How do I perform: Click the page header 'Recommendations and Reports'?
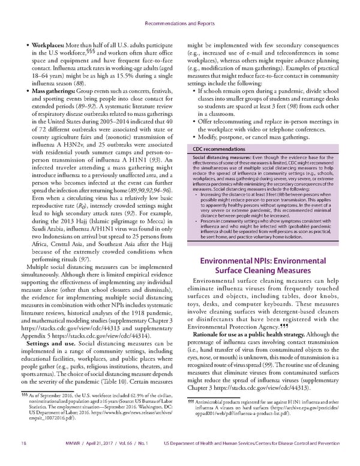coord(179,8)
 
